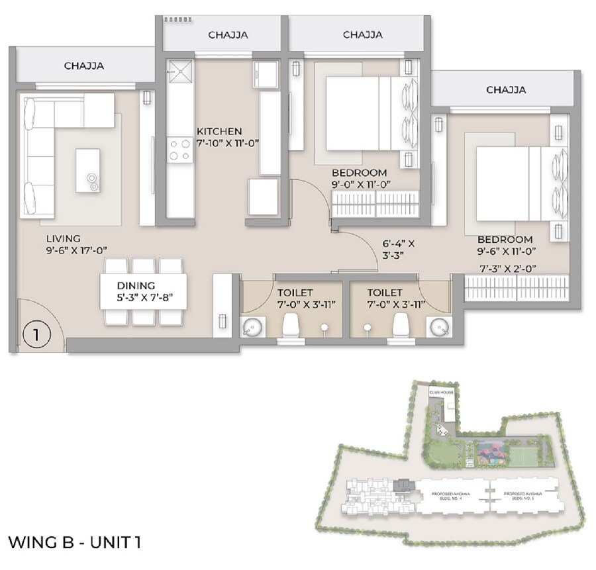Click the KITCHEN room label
pos(219,131)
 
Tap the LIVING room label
pos(64,238)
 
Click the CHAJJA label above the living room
pos(84,66)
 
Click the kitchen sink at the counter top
pos(178,70)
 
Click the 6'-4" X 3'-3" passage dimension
pos(397,250)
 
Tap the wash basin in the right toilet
pos(438,327)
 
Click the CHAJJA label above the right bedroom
pos(506,89)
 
